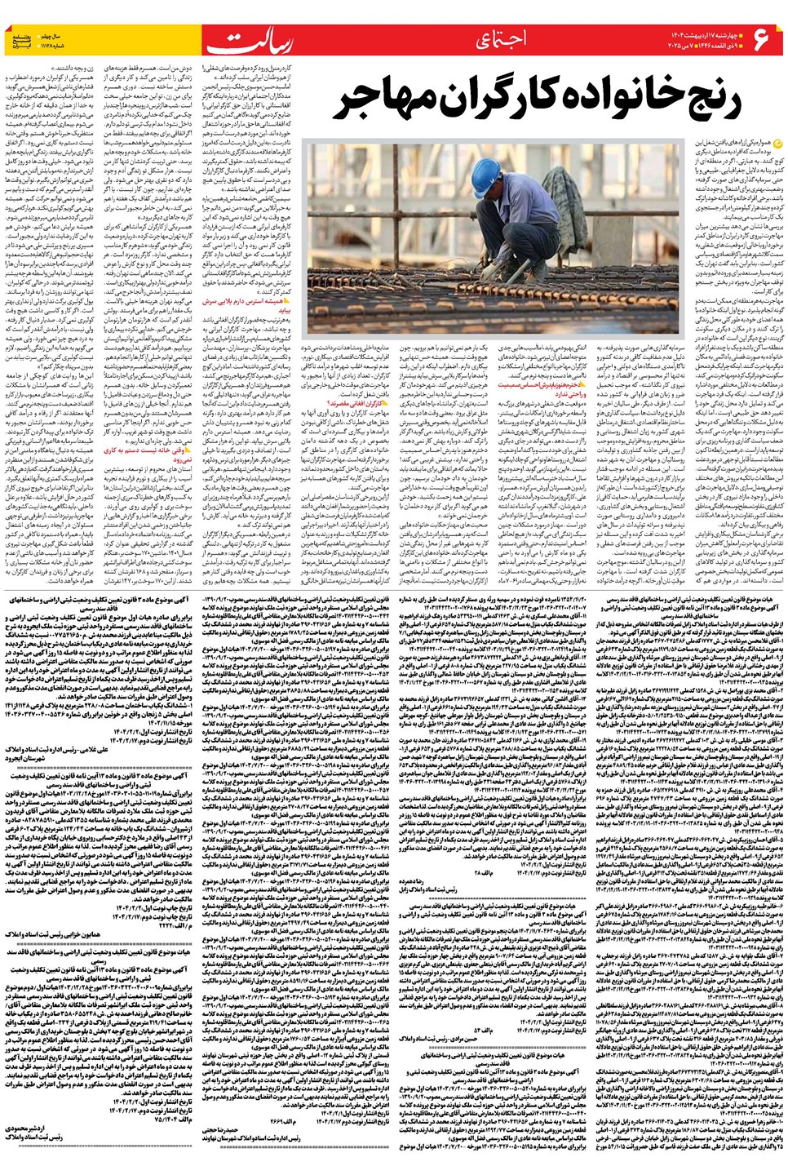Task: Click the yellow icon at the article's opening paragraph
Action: [776, 144]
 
